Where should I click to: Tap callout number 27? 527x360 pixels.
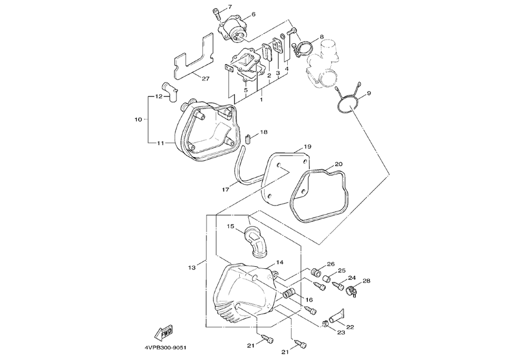click(206, 79)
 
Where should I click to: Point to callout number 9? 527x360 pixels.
click(369, 93)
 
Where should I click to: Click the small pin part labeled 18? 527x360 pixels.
click(249, 139)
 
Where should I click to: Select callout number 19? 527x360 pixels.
click(308, 147)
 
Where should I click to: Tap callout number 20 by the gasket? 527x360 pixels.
click(338, 164)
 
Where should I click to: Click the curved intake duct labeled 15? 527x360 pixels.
click(255, 242)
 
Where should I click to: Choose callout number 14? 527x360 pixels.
click(280, 262)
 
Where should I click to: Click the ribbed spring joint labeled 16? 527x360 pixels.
click(288, 293)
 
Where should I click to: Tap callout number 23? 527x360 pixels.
click(341, 333)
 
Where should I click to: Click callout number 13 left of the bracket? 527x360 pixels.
click(192, 268)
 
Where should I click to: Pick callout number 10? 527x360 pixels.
click(138, 119)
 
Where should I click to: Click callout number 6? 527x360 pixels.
click(253, 14)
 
